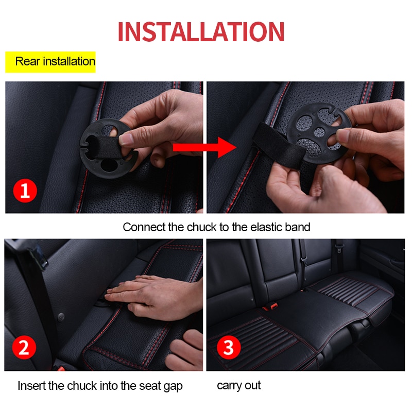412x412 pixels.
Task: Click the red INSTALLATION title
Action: point(201,31)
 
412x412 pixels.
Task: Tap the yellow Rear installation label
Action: point(50,62)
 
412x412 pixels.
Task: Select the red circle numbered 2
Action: point(24,348)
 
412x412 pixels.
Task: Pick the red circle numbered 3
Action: point(228,348)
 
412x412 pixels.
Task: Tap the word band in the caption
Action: point(297,227)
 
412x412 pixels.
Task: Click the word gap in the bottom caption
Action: point(173,386)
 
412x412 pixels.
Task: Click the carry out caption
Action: point(239,385)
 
